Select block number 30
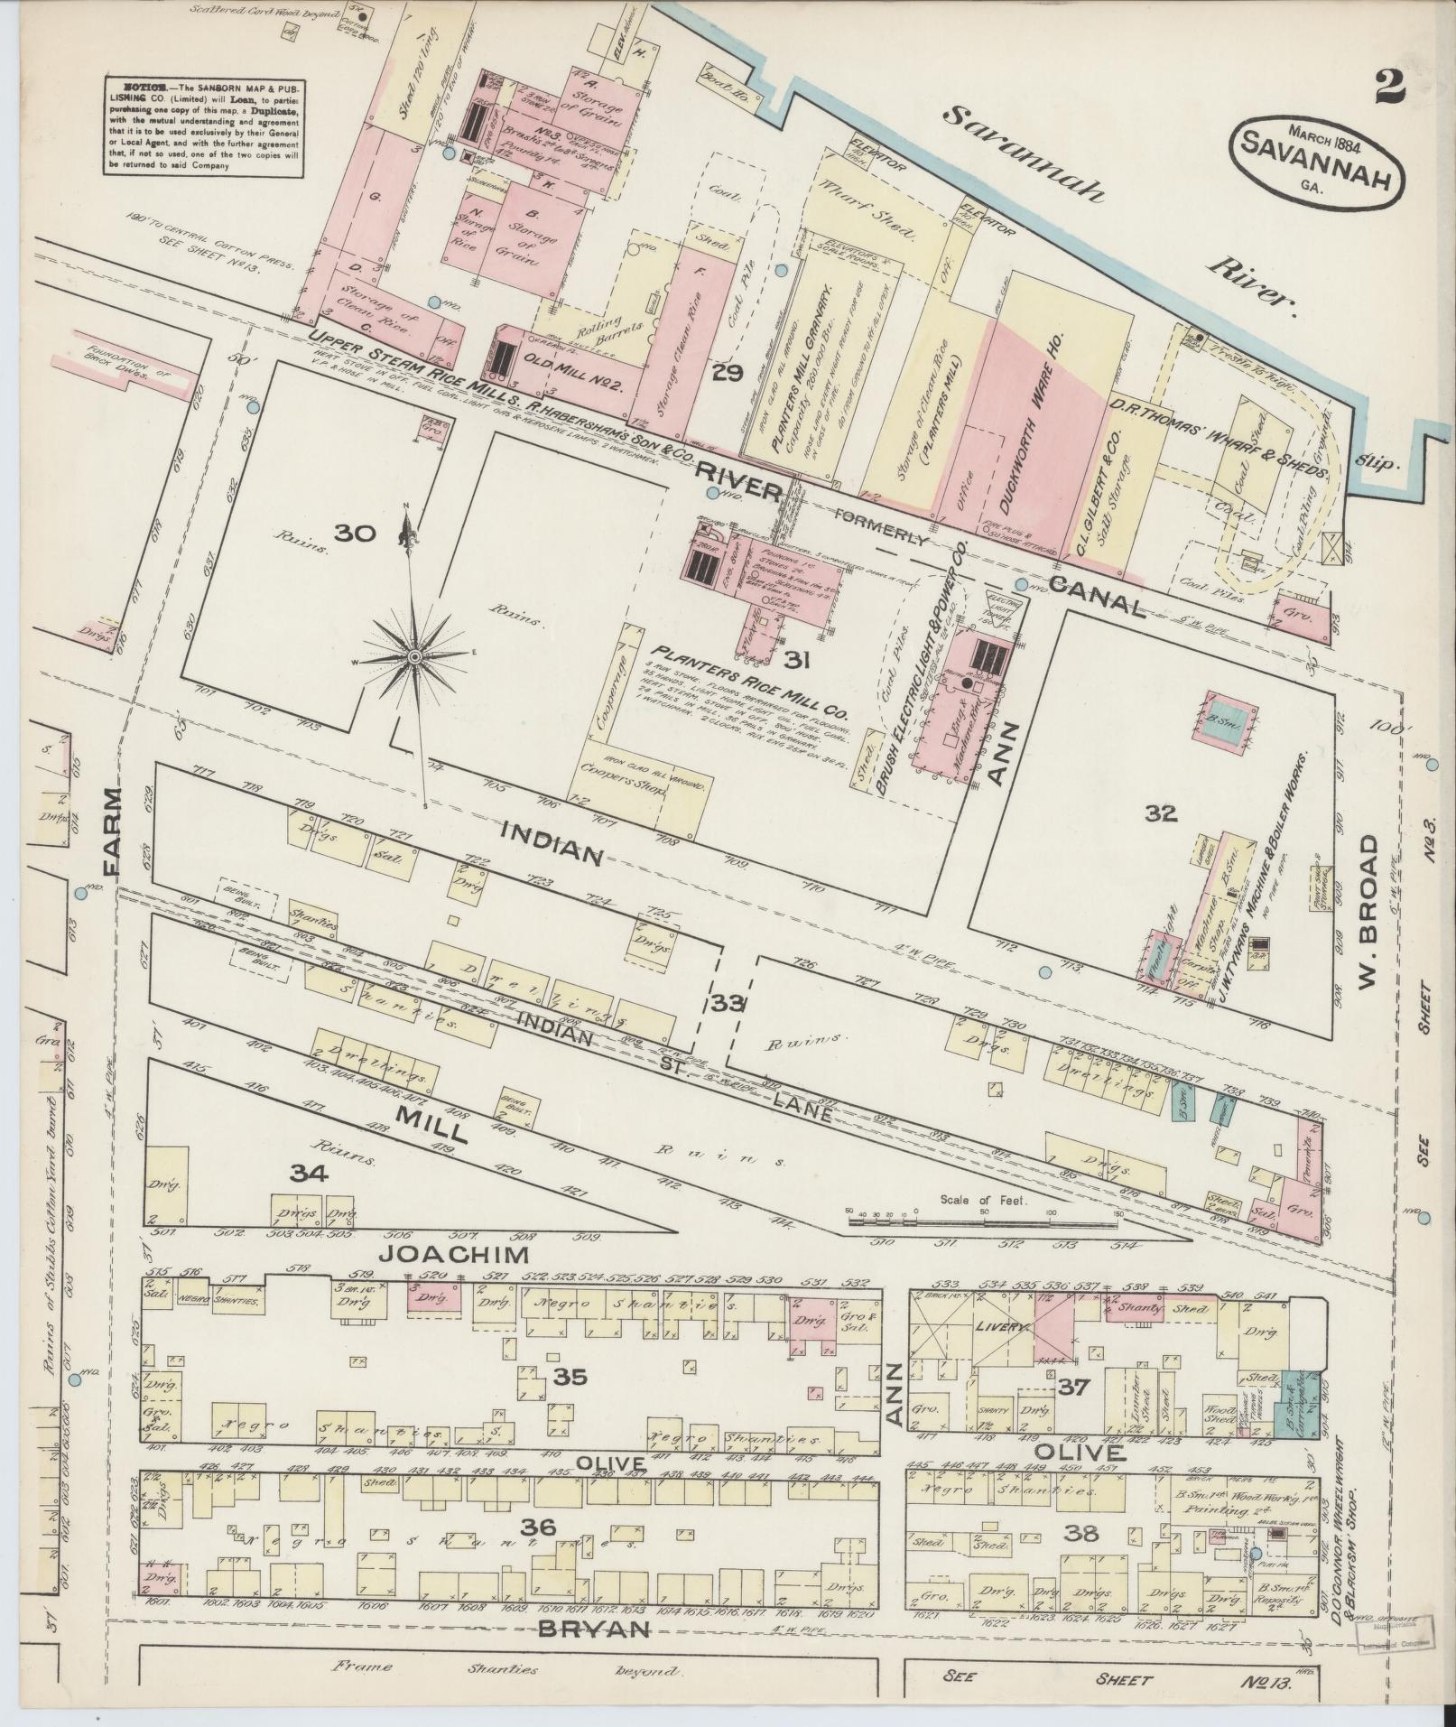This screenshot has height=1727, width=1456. click(x=354, y=533)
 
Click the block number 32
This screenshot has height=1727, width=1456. click(x=1161, y=813)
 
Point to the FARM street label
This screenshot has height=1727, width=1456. click(x=112, y=831)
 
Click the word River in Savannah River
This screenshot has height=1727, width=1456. click(x=1253, y=280)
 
